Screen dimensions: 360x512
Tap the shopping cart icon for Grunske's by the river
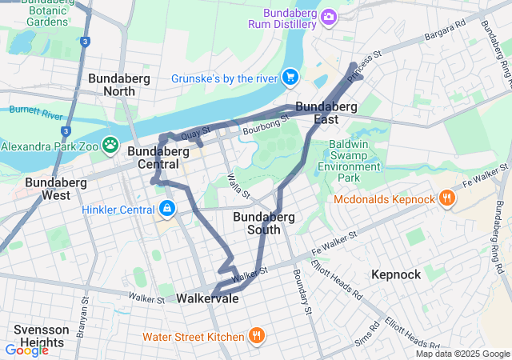pos(290,78)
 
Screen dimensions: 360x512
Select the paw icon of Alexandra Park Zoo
pos(110,146)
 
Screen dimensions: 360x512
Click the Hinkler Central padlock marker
pos(166,210)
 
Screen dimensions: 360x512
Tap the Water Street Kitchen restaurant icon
pos(256,336)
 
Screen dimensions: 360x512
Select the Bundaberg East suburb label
pos(326,113)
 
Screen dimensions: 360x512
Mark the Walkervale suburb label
pos(206,298)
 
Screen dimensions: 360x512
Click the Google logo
pos(26,350)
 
